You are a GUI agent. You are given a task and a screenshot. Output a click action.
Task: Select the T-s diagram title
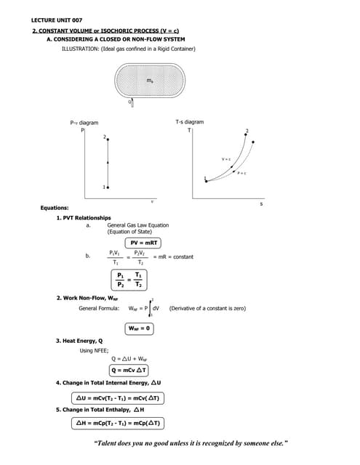190,122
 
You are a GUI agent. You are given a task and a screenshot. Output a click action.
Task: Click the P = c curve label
241,173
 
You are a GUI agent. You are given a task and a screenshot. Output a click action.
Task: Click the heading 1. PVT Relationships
84,218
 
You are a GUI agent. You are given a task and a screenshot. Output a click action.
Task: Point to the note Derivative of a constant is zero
207,309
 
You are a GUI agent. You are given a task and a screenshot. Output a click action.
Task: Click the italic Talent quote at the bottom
192,442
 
